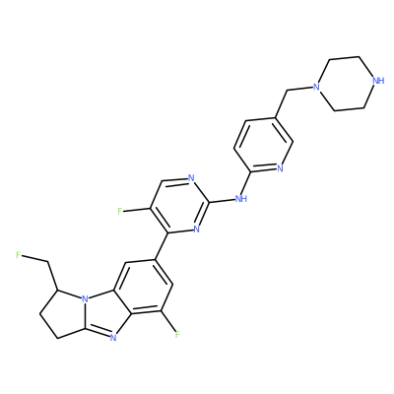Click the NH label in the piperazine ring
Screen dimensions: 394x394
coord(378,81)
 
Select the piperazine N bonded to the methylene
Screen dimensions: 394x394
coord(316,87)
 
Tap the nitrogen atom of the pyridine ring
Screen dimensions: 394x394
coord(280,168)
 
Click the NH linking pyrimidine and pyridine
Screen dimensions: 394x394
coord(241,199)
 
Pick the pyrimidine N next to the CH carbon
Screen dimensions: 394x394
coord(191,178)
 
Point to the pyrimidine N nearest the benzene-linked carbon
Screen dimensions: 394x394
coord(196,229)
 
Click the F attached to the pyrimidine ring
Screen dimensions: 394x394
coord(120,211)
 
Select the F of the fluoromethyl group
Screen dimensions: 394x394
coord(18,255)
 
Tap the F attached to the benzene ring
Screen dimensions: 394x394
coord(177,335)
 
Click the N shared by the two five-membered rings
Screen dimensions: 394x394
coord(85,299)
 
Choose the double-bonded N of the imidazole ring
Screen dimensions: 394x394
coord(113,337)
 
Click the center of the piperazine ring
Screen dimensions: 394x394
coord(347,84)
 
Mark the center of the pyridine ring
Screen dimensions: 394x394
coord(263,145)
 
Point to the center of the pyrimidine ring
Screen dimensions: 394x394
coord(179,206)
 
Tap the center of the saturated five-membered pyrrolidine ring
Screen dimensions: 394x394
coord(64,312)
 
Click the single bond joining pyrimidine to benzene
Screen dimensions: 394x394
coord(162,246)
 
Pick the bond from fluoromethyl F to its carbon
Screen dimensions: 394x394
coord(34,258)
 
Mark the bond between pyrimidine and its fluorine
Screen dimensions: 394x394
coord(136,209)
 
